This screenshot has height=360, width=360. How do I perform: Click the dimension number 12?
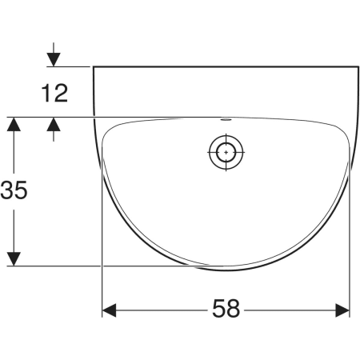pos(55,93)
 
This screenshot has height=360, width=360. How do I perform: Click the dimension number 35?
pos(14,190)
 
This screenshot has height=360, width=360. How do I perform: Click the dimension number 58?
pos(226,308)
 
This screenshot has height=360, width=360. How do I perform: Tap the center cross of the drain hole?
pos(226,152)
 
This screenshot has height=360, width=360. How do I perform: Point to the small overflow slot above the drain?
pos(226,119)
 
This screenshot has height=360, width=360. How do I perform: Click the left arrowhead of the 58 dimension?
pos(109,310)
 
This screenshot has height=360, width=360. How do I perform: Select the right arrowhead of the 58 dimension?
pos(342,310)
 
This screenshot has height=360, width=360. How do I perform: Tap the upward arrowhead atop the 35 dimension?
pos(14,124)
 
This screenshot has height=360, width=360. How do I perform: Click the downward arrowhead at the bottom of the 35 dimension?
pos(14,258)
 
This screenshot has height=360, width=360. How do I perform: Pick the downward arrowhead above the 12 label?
pos(54,59)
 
